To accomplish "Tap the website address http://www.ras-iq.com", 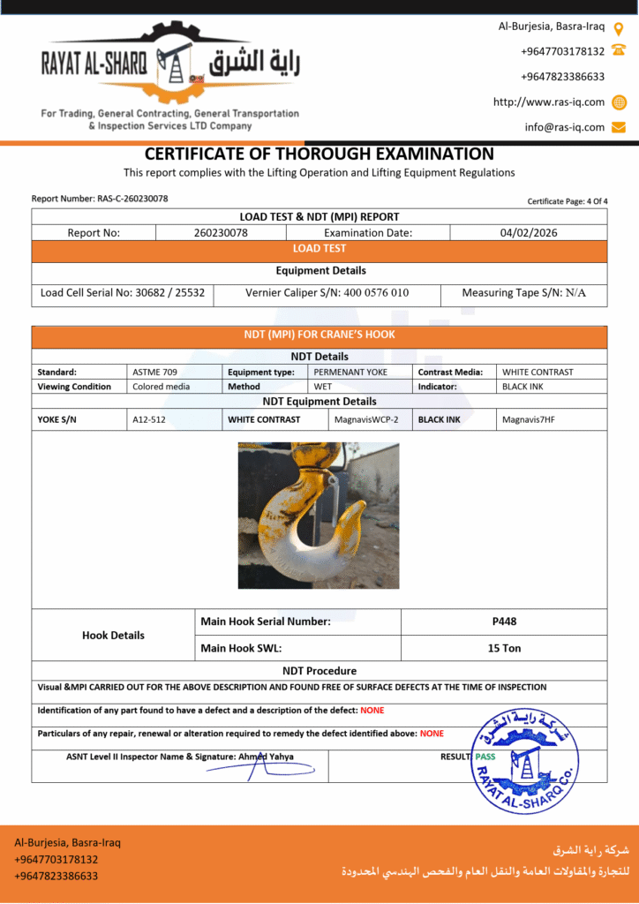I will [549, 102].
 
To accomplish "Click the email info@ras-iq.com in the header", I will [565, 127].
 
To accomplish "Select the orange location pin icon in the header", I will [619, 27].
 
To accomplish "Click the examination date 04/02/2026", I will [528, 233].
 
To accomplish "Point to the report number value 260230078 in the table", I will [221, 233].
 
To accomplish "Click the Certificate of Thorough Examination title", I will [319, 154].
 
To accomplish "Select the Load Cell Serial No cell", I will [123, 292].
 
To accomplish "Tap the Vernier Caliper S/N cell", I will [327, 292].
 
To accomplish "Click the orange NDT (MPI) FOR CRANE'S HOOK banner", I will [319, 335].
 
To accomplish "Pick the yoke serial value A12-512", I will [149, 419].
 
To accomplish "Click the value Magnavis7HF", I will [527, 419].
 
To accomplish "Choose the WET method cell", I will [322, 387].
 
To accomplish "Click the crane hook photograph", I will [319, 516].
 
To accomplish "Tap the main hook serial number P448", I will [504, 621].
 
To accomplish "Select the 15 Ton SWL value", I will [504, 648].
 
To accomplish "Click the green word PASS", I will [485, 757].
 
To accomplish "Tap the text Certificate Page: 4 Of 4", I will [568, 201].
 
